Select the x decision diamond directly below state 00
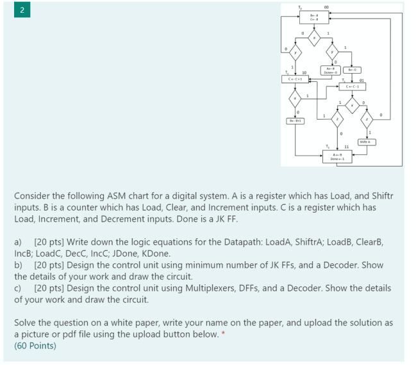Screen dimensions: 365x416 click(x=314, y=39)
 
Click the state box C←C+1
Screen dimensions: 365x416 click(x=295, y=80)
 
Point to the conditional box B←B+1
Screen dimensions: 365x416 click(x=295, y=120)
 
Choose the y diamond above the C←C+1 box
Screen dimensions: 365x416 click(x=295, y=53)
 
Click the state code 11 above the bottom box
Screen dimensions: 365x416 click(x=347, y=147)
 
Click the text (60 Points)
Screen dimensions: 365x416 click(x=35, y=346)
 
